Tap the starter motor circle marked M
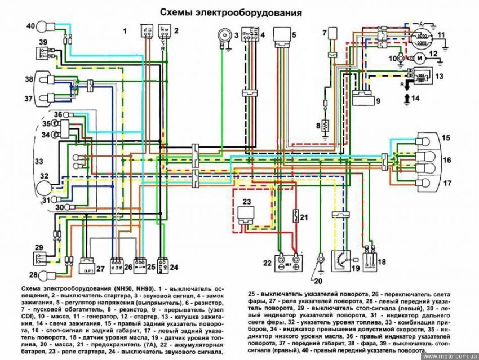(418, 57)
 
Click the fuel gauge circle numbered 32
(46, 186)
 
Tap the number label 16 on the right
(446, 161)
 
